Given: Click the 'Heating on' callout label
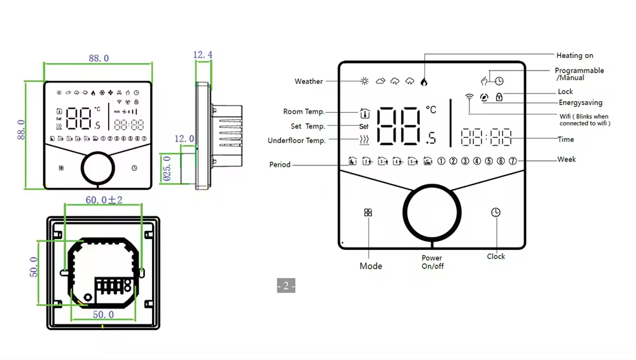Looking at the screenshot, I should [x=574, y=56].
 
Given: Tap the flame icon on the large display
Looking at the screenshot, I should [x=424, y=81].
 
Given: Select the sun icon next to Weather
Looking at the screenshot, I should [x=364, y=81].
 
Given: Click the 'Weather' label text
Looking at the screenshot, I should [x=308, y=81].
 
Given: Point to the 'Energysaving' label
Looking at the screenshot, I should [x=580, y=102].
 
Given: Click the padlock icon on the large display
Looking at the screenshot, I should [x=499, y=97].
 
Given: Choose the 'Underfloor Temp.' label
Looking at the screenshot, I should [x=296, y=141].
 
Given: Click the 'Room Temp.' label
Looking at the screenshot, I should [x=303, y=112].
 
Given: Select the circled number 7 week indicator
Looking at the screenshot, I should [x=513, y=160].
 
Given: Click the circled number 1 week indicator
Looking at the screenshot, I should [x=441, y=160].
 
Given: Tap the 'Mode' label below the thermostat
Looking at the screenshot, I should [x=371, y=266].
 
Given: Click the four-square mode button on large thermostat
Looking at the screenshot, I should [x=368, y=212].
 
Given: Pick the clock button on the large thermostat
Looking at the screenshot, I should [x=495, y=212].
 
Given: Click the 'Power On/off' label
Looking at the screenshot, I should [x=432, y=262].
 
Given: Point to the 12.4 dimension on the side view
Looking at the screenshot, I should [x=203, y=55].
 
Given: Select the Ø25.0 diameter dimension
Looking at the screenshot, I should [x=167, y=169].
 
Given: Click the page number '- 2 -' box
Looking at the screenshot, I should [x=286, y=286].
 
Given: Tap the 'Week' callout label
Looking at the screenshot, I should [x=567, y=159].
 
